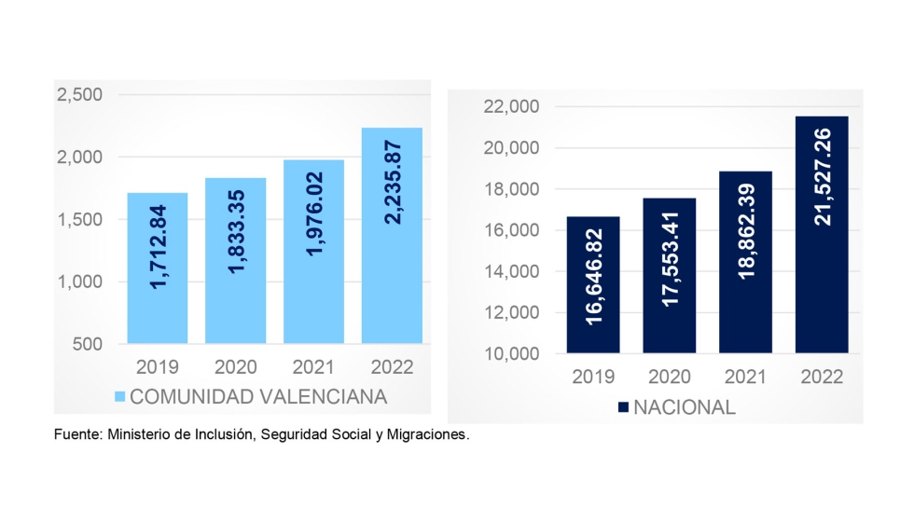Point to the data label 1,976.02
tap(313, 240)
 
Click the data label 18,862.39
tap(746, 252)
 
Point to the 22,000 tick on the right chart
tap(511, 107)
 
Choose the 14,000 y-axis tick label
tap(511, 272)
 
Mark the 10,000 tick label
tap(511, 354)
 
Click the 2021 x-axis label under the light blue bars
tap(313, 366)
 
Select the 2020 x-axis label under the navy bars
tap(669, 378)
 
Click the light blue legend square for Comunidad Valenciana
tap(118, 397)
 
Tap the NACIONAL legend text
tap(685, 407)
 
